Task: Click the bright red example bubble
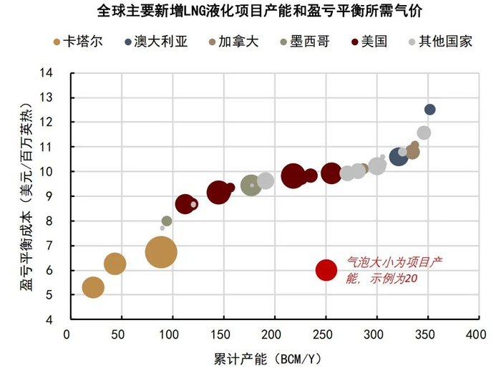326,270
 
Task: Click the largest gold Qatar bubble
161,252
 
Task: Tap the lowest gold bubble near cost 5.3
93,287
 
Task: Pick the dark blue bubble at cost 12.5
429,110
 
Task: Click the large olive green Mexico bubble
250,185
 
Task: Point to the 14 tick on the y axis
47,72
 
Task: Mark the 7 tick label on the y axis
49,246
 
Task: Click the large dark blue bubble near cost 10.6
399,156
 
